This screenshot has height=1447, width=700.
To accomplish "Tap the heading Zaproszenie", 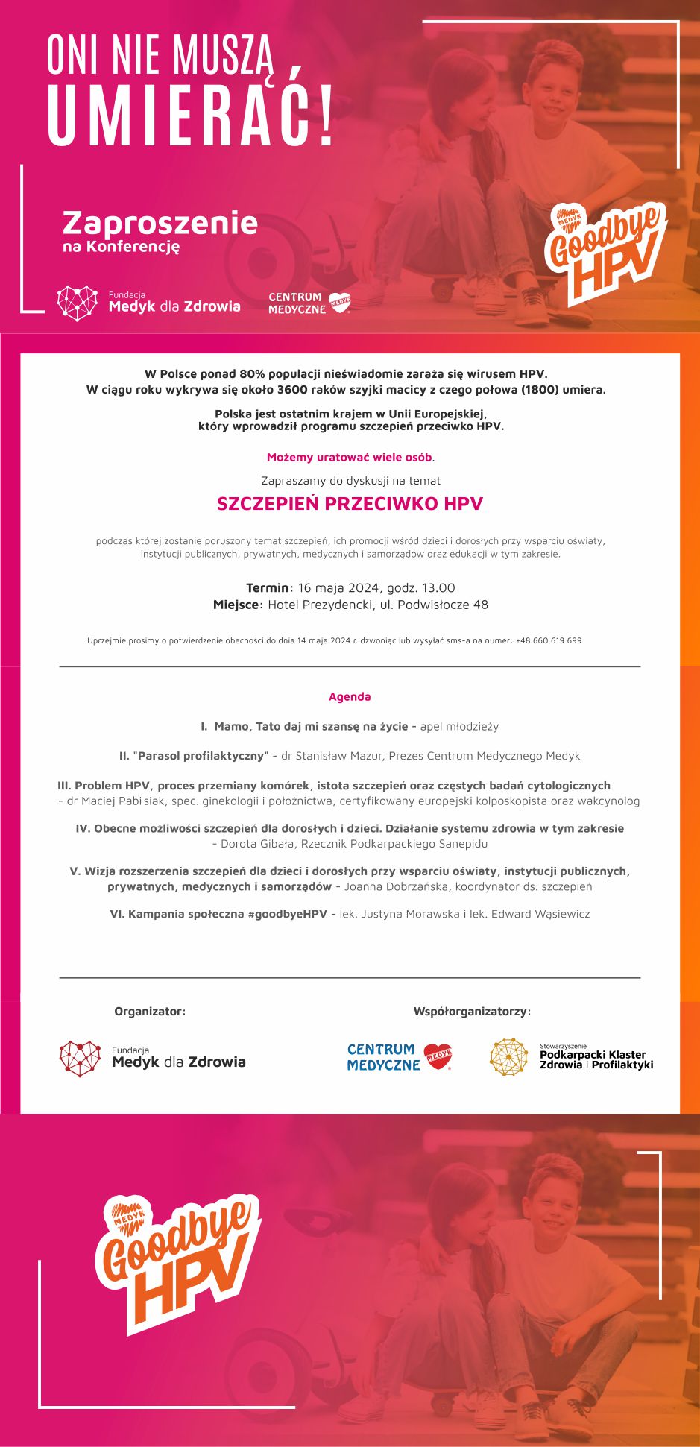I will pyautogui.click(x=160, y=223).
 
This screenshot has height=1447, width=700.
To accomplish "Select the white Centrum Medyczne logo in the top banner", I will pyautogui.click(x=309, y=303).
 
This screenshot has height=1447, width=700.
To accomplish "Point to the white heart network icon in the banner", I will pyautogui.click(x=78, y=303).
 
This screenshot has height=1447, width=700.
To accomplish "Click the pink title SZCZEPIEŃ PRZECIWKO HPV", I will pyautogui.click(x=350, y=504).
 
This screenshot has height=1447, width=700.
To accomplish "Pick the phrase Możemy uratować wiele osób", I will pyautogui.click(x=350, y=457).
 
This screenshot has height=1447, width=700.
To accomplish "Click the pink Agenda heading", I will pyautogui.click(x=350, y=696).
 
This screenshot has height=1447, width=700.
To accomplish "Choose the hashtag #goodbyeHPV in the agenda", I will pyautogui.click(x=287, y=914).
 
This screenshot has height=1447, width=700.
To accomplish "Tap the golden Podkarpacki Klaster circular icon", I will pyautogui.click(x=508, y=1057).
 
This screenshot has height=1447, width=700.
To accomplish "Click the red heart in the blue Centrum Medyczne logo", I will pyautogui.click(x=438, y=1056).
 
